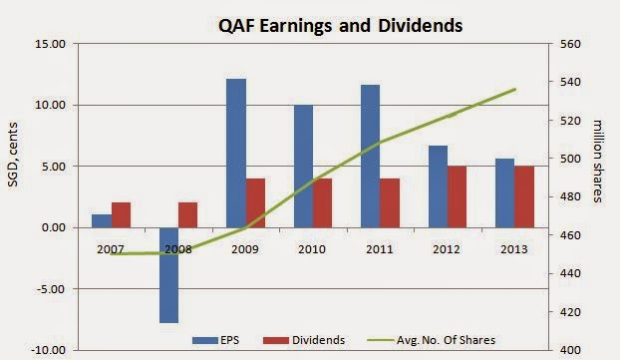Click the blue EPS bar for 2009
pyautogui.click(x=236, y=154)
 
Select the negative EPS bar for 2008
pyautogui.click(x=168, y=275)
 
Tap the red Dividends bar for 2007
pyautogui.click(x=121, y=215)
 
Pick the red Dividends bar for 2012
pyautogui.click(x=458, y=197)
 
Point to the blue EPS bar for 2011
pyautogui.click(x=371, y=157)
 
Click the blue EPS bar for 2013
pyautogui.click(x=505, y=193)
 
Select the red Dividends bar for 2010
pyautogui.click(x=323, y=203)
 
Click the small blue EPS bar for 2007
pyautogui.click(x=102, y=221)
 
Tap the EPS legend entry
pyautogui.click(x=216, y=340)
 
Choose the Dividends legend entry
pyautogui.click(x=304, y=340)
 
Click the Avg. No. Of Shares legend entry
pyautogui.click(x=432, y=340)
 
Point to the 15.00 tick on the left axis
pyautogui.click(x=50, y=44)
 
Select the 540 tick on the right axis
pyautogui.click(x=570, y=82)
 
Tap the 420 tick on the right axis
pyautogui.click(x=570, y=312)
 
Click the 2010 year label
pyautogui.click(x=312, y=249)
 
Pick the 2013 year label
pyautogui.click(x=514, y=249)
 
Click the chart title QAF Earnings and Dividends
pyautogui.click(x=341, y=26)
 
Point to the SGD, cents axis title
pyautogui.click(x=13, y=155)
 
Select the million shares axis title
pyautogui.click(x=598, y=161)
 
